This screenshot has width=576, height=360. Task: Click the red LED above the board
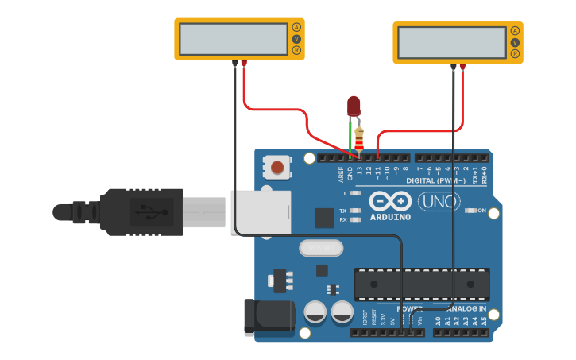coord(354,105)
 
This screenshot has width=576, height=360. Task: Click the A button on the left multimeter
coord(296,27)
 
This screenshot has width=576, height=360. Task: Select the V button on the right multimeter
coord(515,42)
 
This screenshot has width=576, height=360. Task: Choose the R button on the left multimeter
coord(296,50)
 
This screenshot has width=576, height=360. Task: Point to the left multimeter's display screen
coord(233,39)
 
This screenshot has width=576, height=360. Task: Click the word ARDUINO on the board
coord(390,217)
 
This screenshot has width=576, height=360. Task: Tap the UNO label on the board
coord(439,202)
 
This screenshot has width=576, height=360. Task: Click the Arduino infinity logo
coord(389,201)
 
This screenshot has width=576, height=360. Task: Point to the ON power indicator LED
coord(471,211)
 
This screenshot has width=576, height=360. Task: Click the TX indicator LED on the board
coord(356,211)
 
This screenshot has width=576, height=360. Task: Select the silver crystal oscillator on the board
coord(320,248)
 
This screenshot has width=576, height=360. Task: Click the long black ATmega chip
coord(421,285)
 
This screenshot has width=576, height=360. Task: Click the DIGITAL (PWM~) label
coord(435,180)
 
